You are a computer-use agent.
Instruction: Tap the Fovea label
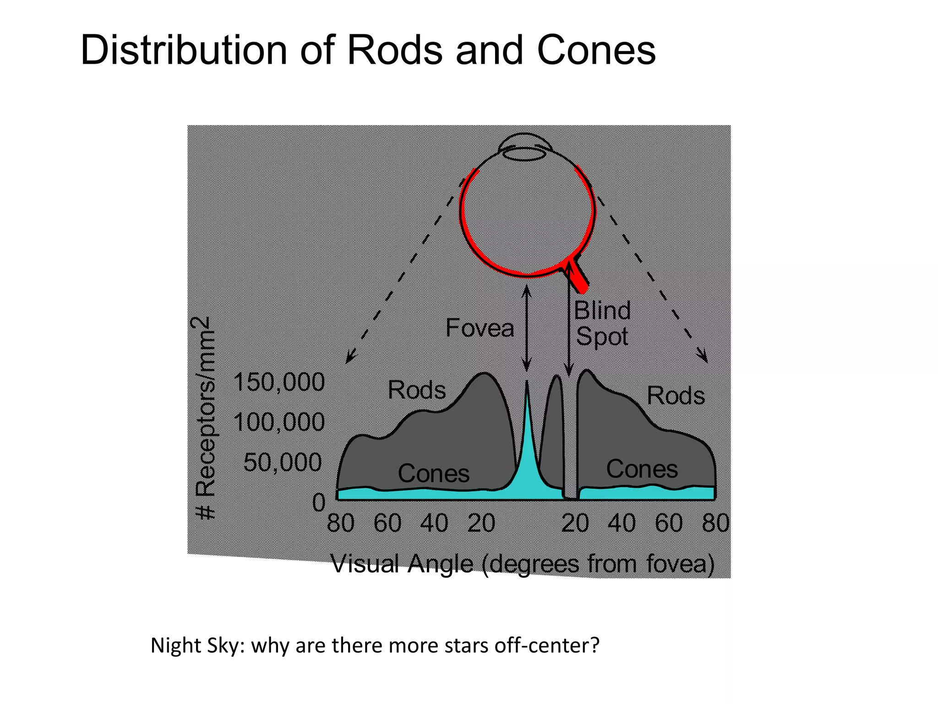click(480, 328)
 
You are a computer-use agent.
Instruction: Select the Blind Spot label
click(602, 324)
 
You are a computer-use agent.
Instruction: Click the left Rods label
click(416, 390)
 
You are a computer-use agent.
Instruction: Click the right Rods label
click(676, 396)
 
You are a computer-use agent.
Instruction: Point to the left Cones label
click(433, 473)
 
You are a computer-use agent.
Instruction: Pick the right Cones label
click(642, 469)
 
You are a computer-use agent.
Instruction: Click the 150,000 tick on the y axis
click(279, 382)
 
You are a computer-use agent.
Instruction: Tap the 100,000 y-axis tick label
click(279, 422)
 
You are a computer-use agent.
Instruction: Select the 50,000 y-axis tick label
click(283, 462)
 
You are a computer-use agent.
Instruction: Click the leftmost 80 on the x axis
click(341, 523)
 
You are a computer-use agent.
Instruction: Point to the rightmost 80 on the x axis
click(715, 523)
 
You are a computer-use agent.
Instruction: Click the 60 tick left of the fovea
click(387, 523)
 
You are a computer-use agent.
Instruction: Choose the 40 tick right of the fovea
click(622, 523)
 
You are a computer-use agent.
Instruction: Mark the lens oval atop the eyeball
click(524, 153)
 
